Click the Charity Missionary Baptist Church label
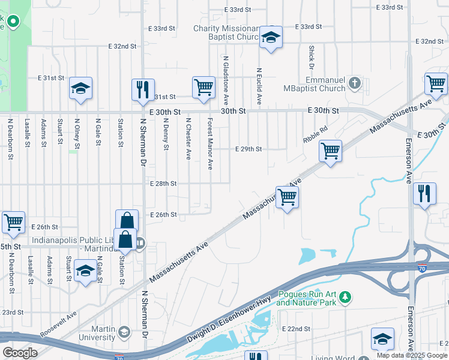pos(225,32)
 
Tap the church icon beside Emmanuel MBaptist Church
pos(355,82)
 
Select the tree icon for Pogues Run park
pos(345,297)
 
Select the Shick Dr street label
pos(311,56)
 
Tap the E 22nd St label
pos(296,329)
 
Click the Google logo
pos(20,352)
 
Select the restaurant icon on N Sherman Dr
pos(143,89)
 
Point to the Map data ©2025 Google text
pos(411,355)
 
